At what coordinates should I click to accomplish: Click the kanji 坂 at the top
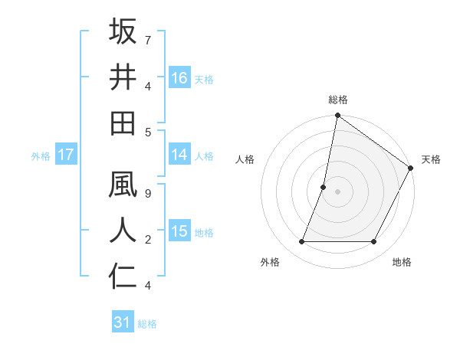point(123,32)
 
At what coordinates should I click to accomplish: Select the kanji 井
point(123,77)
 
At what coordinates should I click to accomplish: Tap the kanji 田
point(123,123)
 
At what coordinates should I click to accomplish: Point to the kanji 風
point(123,186)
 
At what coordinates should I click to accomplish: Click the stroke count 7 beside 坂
point(147,40)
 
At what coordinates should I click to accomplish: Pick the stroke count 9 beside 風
point(147,195)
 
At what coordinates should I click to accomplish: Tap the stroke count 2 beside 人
point(147,240)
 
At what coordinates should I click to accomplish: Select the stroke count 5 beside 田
point(147,132)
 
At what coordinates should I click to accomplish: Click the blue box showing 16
point(179,77)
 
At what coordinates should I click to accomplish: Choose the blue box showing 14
point(179,155)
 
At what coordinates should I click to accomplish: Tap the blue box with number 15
point(179,231)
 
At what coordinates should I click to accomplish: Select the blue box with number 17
point(66,155)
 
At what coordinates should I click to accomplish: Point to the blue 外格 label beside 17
point(41,155)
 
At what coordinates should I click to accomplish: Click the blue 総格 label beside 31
point(147,323)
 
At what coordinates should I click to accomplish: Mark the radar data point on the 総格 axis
point(337,116)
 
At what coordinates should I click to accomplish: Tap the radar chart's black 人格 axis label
point(245,159)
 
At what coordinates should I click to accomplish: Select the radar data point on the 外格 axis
point(301,242)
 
